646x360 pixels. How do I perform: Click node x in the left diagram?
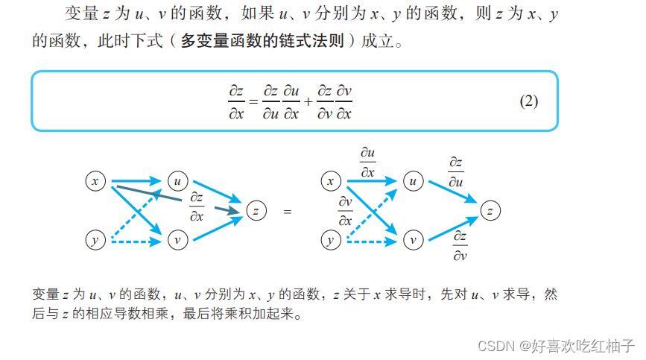pos(95,181)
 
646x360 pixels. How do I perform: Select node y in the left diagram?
pos(95,240)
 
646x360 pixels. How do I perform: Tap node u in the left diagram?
pos(177,181)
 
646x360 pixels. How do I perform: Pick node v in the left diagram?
pos(177,240)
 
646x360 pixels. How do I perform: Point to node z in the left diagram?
pos(256,211)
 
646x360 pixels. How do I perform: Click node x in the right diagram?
pos(331,181)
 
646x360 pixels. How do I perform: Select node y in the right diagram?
pos(331,240)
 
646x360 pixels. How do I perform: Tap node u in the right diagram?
pos(414,181)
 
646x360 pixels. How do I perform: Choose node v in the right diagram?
pos(414,240)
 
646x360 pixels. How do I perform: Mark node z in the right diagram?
pos(490,211)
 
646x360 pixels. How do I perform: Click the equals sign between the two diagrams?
pos(288,212)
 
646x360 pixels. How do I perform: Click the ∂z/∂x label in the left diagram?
pos(197,206)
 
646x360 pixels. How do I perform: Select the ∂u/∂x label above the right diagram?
pos(367,162)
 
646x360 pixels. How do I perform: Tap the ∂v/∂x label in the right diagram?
pos(345,211)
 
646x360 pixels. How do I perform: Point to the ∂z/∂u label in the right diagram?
pos(456,171)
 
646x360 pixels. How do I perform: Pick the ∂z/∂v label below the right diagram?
pos(460,247)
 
